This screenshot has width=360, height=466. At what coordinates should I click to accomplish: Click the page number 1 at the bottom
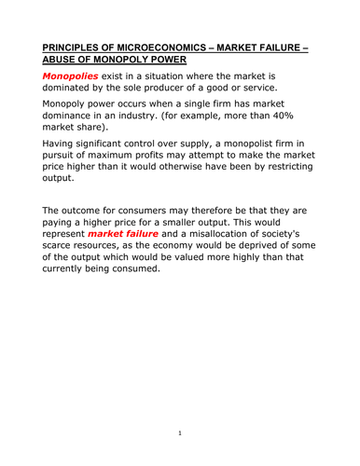tap(179, 433)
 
